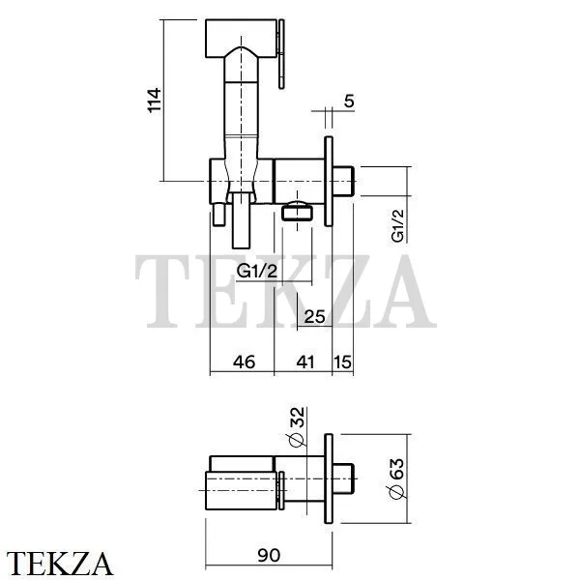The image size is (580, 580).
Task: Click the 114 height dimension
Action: [155, 100]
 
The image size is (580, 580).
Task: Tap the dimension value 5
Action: [349, 101]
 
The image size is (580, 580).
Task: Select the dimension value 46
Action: [245, 362]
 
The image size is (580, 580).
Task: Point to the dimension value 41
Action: [305, 362]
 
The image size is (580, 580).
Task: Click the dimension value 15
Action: [343, 362]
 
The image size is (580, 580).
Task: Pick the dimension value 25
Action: [314, 317]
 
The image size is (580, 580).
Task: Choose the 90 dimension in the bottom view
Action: [269, 556]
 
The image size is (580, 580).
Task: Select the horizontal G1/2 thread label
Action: [257, 271]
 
